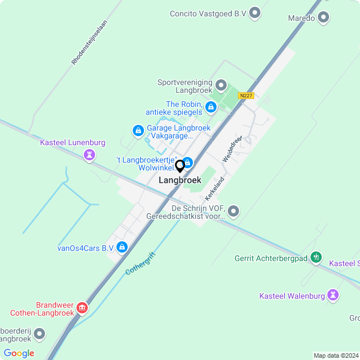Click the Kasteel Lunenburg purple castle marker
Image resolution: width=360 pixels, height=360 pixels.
tap(89, 155)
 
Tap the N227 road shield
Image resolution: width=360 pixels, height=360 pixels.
tap(246, 96)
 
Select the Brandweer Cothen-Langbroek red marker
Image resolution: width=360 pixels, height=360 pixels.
tap(82, 308)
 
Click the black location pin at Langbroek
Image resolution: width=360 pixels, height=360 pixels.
tap(180, 166)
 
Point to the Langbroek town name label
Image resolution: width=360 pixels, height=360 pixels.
tap(180, 180)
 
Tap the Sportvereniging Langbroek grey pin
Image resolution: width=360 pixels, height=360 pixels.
tap(220, 87)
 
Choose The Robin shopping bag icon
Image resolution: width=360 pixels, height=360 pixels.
tap(210, 106)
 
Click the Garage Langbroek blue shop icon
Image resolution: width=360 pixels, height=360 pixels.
tap(138, 131)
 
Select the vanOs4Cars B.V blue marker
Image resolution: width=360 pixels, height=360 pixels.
tap(122, 247)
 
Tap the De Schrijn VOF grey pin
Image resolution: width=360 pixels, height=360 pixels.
tap(233, 211)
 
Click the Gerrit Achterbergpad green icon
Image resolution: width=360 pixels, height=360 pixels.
tap(316, 258)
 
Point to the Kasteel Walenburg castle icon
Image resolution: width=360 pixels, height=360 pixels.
tap(334, 295)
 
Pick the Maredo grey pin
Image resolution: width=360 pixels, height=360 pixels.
tap(323, 18)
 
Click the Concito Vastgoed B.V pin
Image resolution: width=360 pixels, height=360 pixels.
tap(255, 13)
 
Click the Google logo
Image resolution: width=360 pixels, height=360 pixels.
tap(19, 353)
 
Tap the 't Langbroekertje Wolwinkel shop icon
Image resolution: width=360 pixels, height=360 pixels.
tap(188, 163)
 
